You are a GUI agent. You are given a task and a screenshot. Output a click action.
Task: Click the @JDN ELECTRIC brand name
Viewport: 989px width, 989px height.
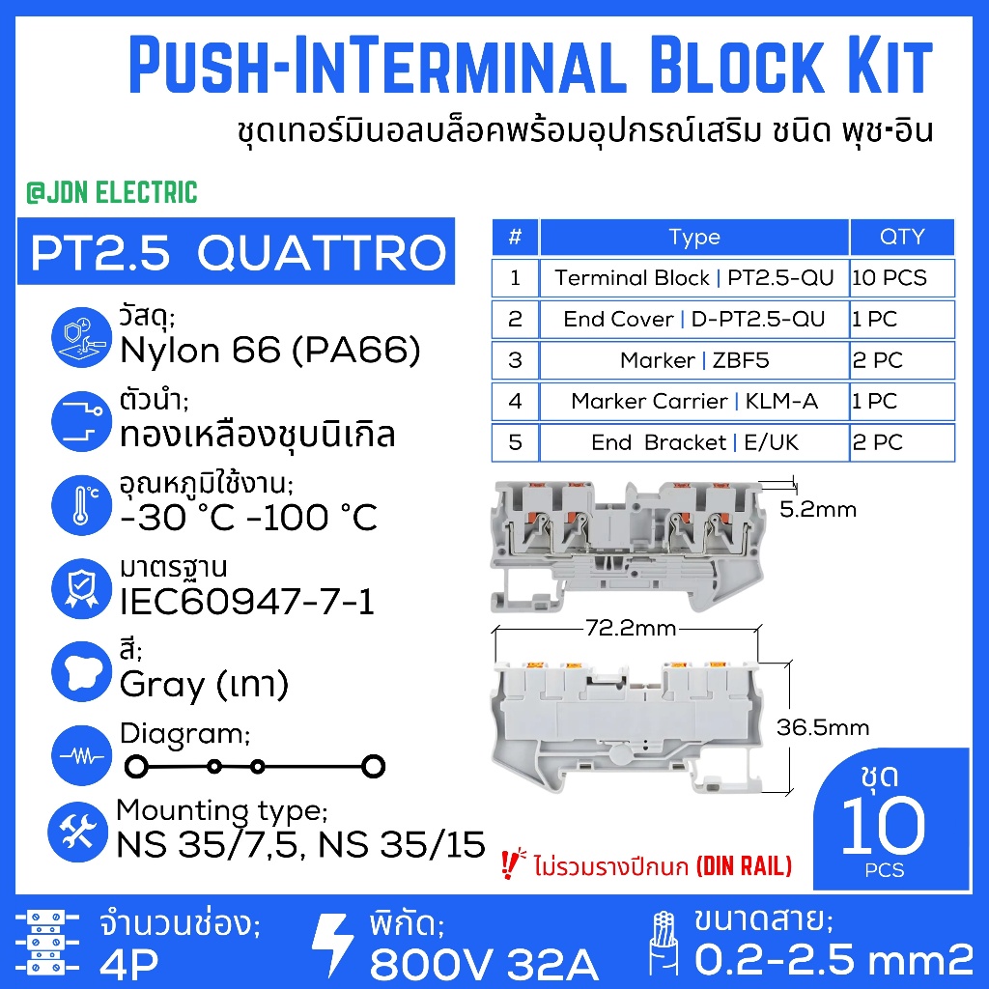pyautogui.click(x=112, y=192)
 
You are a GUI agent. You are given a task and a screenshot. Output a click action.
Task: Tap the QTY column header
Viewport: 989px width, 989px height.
pyautogui.click(x=902, y=238)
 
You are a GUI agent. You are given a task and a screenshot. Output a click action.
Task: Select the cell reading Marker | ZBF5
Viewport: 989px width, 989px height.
pyautogui.click(x=694, y=360)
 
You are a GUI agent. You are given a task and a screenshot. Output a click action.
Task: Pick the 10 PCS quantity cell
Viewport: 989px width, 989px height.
pyautogui.click(x=902, y=277)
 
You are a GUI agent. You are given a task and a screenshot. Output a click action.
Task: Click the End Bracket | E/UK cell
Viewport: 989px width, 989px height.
pyautogui.click(x=694, y=442)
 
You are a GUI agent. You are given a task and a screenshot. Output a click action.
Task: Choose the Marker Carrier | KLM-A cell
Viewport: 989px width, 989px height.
pyautogui.click(x=694, y=401)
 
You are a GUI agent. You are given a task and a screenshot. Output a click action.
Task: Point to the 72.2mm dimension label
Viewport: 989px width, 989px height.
pyautogui.click(x=631, y=628)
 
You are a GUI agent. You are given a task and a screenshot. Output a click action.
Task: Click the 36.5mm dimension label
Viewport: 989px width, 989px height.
pyautogui.click(x=823, y=727)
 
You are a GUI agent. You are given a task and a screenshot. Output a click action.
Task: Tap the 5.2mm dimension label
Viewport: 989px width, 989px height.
pyautogui.click(x=818, y=509)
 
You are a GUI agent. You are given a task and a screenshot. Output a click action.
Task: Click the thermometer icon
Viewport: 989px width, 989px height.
pyautogui.click(x=81, y=504)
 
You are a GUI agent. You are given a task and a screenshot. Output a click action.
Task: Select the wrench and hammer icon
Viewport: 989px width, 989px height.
pyautogui.click(x=77, y=832)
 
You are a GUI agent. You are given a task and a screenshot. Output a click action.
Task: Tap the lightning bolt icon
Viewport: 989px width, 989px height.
pyautogui.click(x=332, y=945)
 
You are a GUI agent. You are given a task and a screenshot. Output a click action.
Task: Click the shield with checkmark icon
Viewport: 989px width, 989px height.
pyautogui.click(x=81, y=588)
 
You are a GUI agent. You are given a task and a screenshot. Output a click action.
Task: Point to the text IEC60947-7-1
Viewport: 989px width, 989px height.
pyautogui.click(x=247, y=601)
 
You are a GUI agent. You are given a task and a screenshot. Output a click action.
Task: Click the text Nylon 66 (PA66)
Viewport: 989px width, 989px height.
pyautogui.click(x=270, y=351)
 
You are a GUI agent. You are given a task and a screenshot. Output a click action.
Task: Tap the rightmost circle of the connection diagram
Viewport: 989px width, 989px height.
pyautogui.click(x=374, y=766)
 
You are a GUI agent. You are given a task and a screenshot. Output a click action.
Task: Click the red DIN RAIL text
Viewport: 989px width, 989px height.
pyautogui.click(x=745, y=866)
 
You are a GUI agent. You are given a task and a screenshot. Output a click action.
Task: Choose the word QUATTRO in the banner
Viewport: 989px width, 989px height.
pyautogui.click(x=322, y=253)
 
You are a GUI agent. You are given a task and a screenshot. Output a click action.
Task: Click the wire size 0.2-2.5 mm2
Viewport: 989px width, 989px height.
pyautogui.click(x=834, y=960)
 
